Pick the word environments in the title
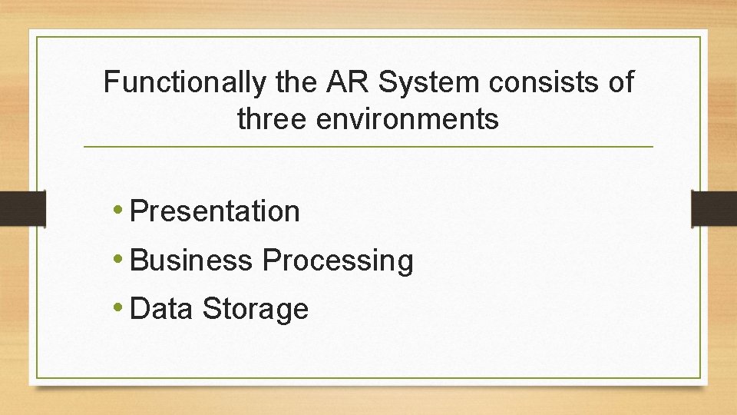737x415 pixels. pyautogui.click(x=405, y=119)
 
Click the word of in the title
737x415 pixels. pyautogui.click(x=620, y=82)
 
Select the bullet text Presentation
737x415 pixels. pyautogui.click(x=215, y=211)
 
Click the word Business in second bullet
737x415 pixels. pyautogui.click(x=191, y=261)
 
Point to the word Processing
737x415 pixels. pyautogui.click(x=338, y=261)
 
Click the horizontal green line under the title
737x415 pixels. pyautogui.click(x=368, y=146)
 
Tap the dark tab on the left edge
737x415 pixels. pyautogui.click(x=21, y=208)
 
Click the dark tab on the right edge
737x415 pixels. pyautogui.click(x=714, y=208)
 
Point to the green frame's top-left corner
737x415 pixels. pyautogui.click(x=37, y=36)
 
